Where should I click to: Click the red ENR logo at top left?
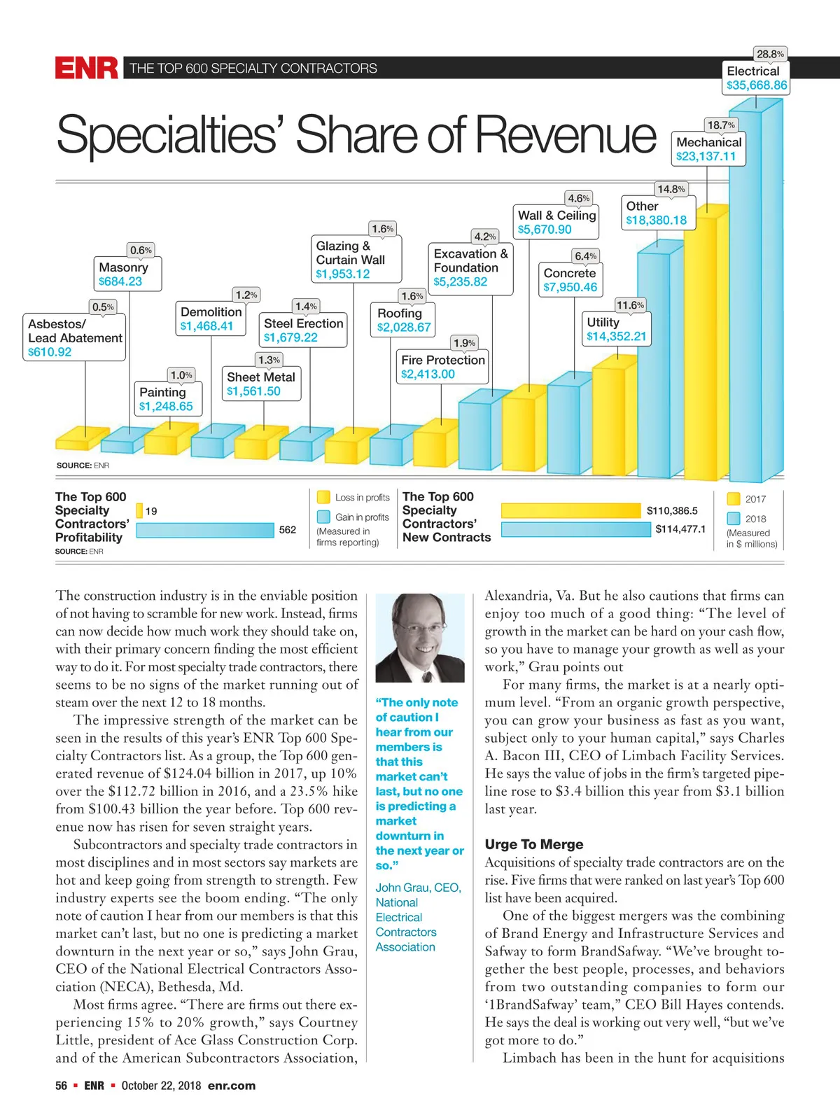tap(87, 68)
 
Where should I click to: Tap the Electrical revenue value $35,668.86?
tap(757, 85)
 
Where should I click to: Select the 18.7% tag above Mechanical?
tap(721, 125)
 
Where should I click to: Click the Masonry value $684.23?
tap(120, 281)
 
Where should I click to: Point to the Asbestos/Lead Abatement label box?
tap(75, 337)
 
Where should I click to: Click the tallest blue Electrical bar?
tap(756, 294)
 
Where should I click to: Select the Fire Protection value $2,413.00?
tap(428, 374)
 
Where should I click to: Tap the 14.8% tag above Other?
tap(671, 189)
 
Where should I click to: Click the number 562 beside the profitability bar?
tap(288, 530)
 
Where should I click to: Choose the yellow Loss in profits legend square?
tap(323, 497)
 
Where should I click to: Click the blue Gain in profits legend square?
tap(323, 517)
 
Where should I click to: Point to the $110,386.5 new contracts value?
tap(672, 511)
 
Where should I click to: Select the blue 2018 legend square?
tap(734, 519)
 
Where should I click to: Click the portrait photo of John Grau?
tap(420, 638)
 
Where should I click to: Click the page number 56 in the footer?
tap(62, 1086)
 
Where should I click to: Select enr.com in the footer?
tap(232, 1086)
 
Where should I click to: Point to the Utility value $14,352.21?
tap(616, 337)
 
